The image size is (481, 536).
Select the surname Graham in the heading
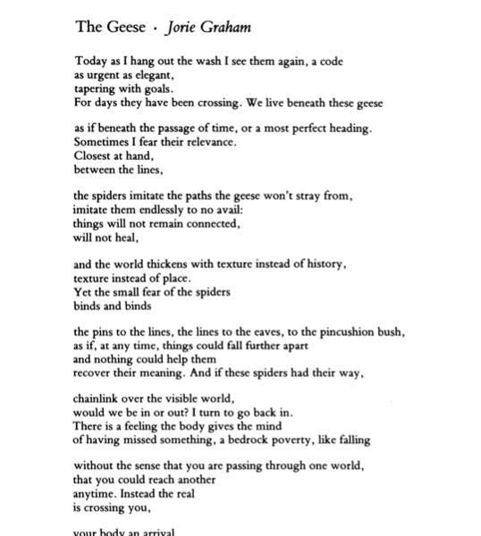(227, 27)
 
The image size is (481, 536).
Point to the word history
(324, 264)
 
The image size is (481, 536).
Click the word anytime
(95, 493)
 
